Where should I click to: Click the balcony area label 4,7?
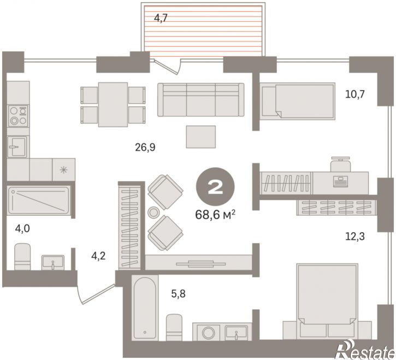point(161,19)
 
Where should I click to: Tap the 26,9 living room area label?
point(145,147)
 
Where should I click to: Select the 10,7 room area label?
point(355,95)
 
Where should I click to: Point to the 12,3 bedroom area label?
point(355,237)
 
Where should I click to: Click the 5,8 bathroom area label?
point(178,294)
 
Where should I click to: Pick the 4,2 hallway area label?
point(98,256)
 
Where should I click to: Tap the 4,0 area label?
point(22,229)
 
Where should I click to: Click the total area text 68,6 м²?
point(215,215)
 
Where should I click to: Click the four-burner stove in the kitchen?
point(18,116)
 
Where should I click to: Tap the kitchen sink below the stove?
point(17,146)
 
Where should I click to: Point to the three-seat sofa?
point(201,100)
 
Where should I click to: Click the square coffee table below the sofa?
point(201,137)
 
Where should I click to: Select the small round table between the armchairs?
point(153,212)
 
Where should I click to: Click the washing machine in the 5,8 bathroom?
point(209,332)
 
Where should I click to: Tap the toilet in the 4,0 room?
point(22,257)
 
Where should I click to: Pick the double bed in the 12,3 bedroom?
point(327,301)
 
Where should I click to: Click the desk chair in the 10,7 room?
point(341,164)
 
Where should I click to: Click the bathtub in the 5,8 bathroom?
point(145,308)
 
